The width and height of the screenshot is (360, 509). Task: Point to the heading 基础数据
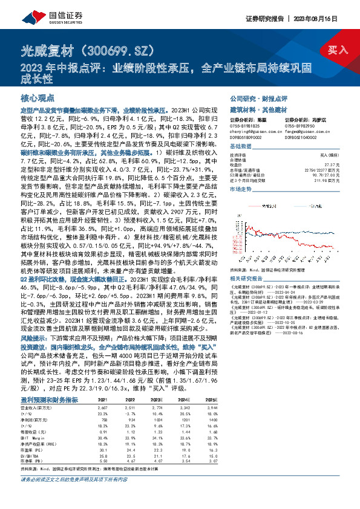241,147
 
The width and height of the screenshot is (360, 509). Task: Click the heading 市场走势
241,189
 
